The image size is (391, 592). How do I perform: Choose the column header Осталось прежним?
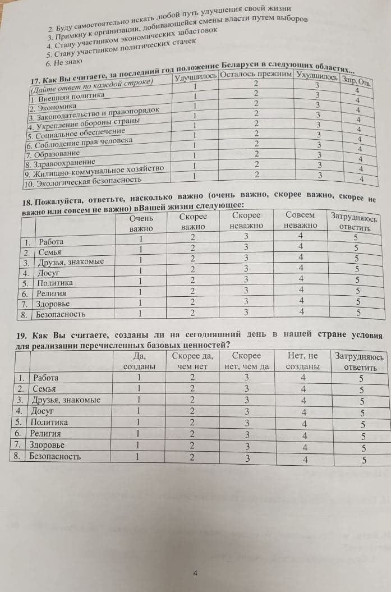(x=256, y=76)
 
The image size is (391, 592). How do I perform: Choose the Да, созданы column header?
(x=139, y=361)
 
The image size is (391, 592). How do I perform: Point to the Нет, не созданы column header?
(x=302, y=361)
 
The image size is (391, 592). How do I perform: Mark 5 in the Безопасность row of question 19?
(x=364, y=460)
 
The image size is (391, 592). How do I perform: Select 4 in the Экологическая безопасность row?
(x=362, y=179)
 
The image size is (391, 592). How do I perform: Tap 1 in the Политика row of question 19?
(x=138, y=422)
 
